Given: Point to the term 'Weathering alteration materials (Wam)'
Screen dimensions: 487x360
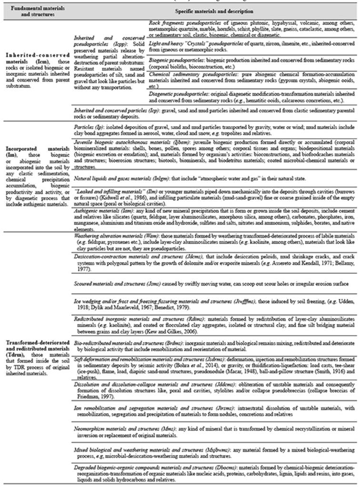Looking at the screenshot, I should point(111,236).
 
